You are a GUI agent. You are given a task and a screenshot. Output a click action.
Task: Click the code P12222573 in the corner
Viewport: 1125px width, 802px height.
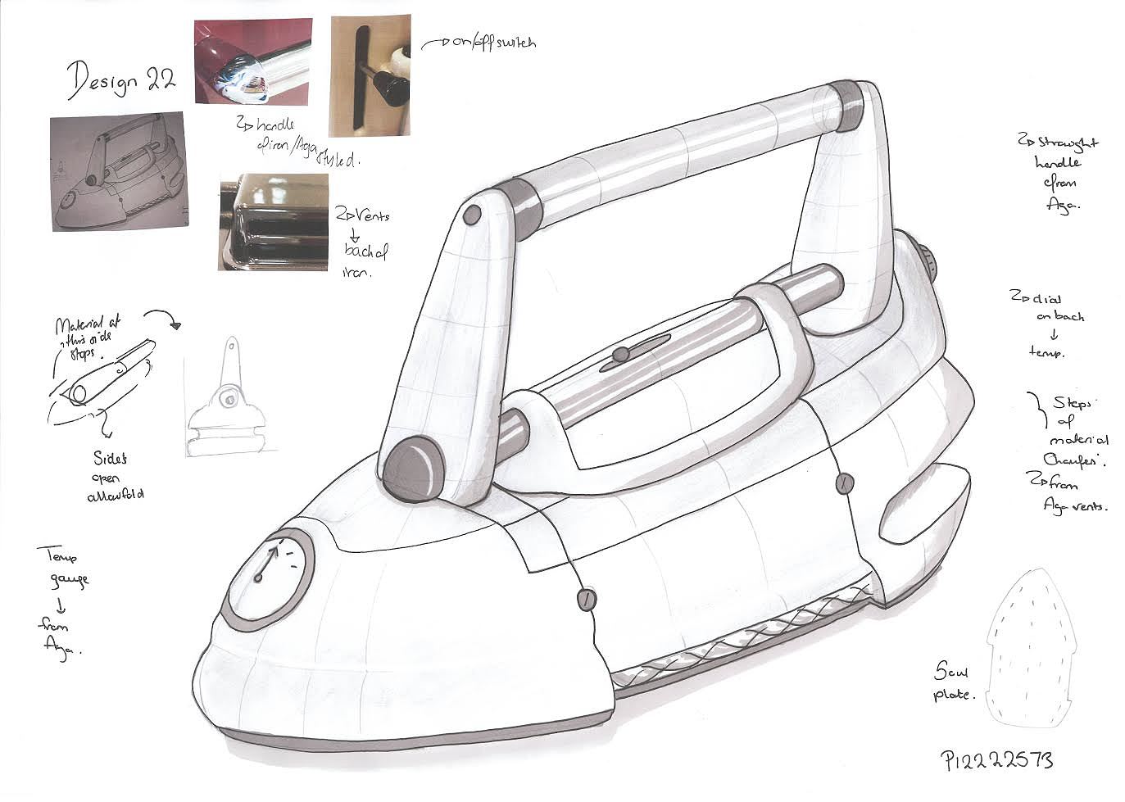pyautogui.click(x=996, y=759)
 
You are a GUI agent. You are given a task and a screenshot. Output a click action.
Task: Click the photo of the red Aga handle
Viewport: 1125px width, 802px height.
pyautogui.click(x=253, y=61)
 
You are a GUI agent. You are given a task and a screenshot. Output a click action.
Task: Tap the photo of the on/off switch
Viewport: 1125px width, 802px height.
pyautogui.click(x=369, y=76)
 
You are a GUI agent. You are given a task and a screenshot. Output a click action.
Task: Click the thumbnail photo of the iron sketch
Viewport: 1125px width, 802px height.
pyautogui.click(x=116, y=172)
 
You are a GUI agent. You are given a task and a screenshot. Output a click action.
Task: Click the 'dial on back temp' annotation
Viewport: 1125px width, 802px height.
pyautogui.click(x=1046, y=324)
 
